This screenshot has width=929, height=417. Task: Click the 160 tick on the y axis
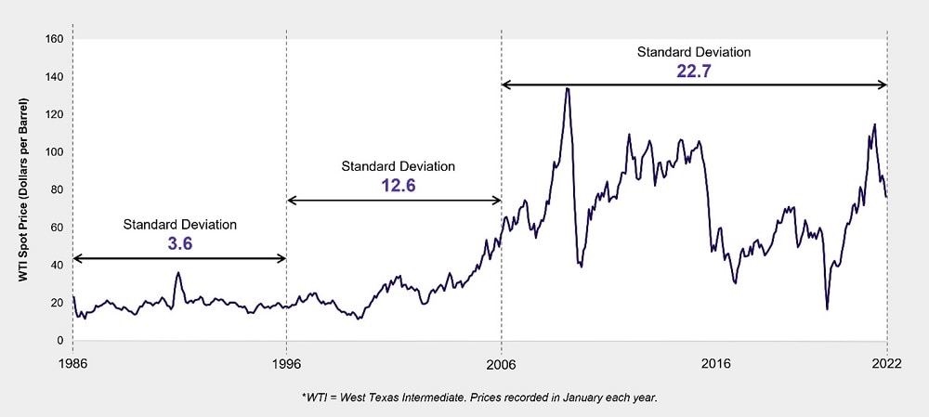55,39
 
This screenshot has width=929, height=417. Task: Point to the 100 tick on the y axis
55,152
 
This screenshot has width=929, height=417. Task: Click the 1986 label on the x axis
72,364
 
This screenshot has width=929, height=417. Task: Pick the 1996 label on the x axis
286,364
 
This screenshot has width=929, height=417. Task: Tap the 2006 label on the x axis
502,364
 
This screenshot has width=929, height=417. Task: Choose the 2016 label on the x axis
715,364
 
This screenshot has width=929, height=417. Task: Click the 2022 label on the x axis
887,364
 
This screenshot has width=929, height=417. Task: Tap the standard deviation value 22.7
693,70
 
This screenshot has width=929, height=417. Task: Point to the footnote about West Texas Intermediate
479,397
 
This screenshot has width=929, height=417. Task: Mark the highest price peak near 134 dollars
567,88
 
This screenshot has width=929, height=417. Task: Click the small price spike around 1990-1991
178,273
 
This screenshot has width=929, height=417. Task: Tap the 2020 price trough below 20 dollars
827,308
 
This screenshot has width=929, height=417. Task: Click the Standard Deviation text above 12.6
398,166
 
